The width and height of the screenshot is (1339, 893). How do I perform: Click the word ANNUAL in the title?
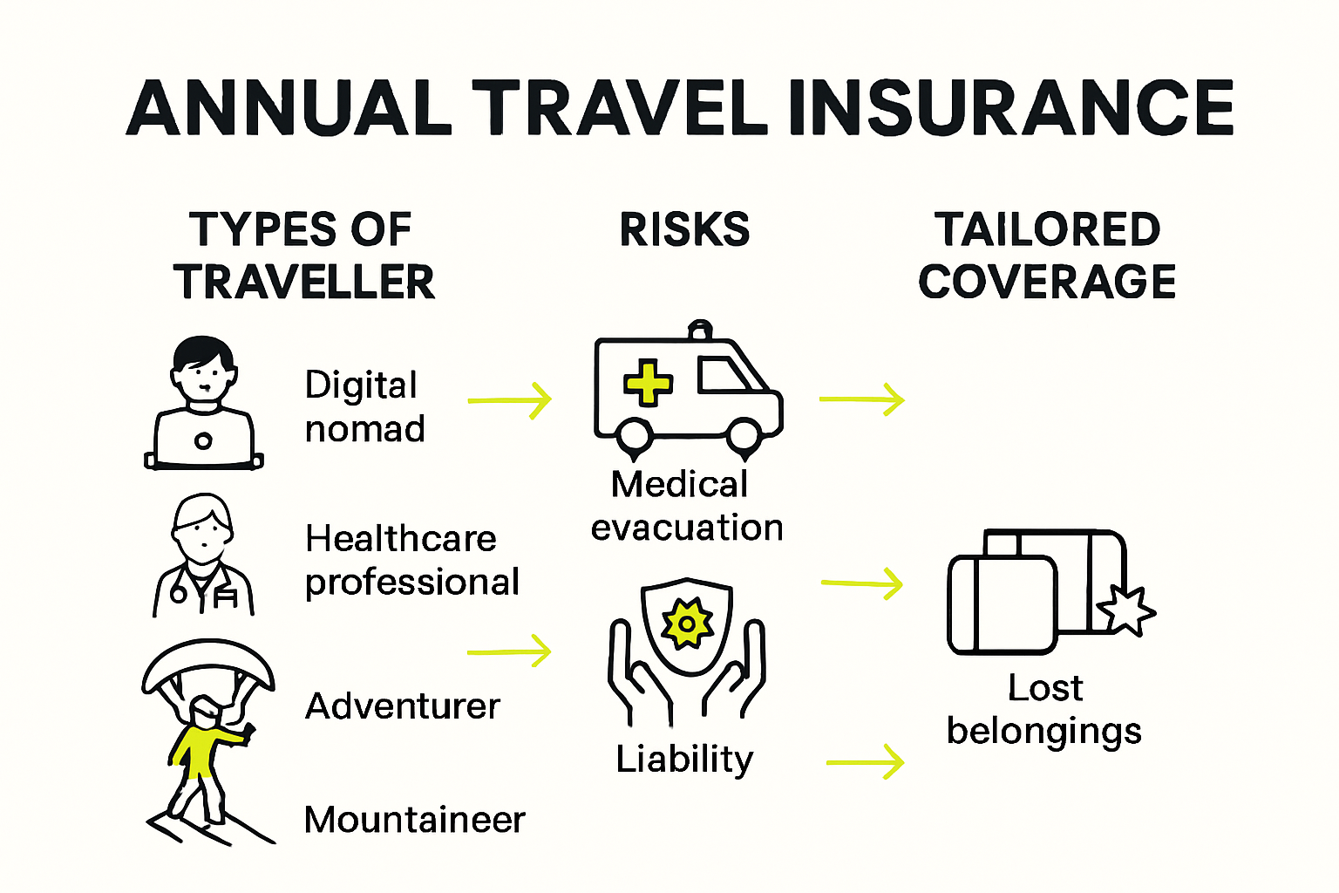(x=289, y=108)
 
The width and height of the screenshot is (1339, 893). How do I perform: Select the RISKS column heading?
(x=684, y=229)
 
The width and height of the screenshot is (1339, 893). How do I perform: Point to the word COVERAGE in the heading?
(x=1047, y=282)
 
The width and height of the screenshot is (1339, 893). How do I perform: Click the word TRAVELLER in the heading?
(x=304, y=282)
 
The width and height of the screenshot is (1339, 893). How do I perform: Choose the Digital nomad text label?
(x=364, y=406)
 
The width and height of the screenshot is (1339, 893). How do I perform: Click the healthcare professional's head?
(x=202, y=528)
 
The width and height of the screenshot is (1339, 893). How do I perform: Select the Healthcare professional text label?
(x=411, y=560)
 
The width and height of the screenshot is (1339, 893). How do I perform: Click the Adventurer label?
(x=403, y=706)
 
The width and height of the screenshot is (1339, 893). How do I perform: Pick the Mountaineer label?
(x=415, y=820)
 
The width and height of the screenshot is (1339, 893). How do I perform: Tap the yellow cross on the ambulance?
(x=648, y=383)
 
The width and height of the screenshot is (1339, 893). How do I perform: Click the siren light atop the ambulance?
(x=700, y=330)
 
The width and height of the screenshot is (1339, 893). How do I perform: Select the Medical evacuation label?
(x=687, y=506)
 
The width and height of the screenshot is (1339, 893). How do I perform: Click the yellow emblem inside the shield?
(x=687, y=624)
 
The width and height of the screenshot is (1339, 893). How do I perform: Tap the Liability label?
(x=684, y=759)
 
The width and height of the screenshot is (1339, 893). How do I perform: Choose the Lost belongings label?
(x=1044, y=710)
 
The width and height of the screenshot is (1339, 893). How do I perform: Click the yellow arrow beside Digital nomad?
(x=510, y=400)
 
